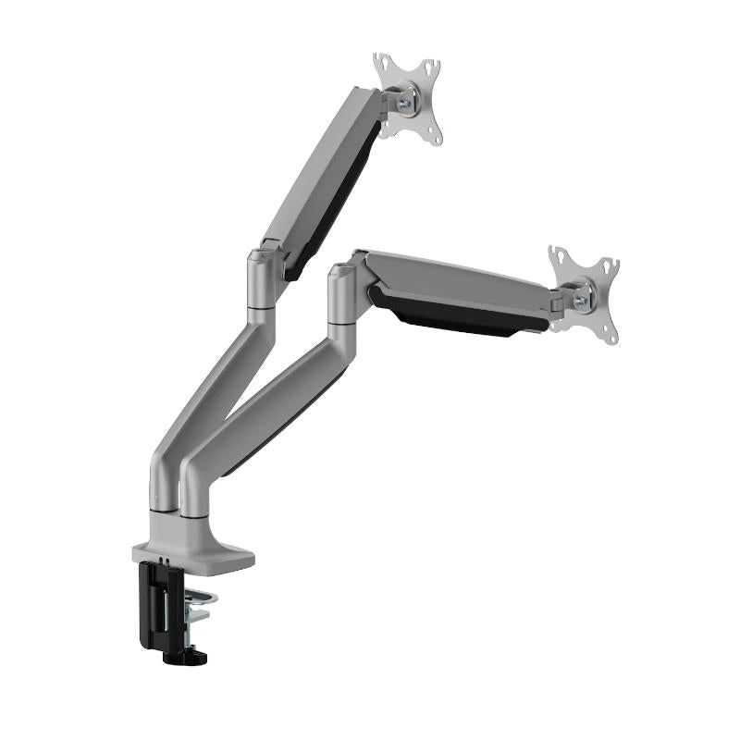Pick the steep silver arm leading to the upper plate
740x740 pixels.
(x=319, y=166)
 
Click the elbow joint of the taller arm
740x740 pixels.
(x=262, y=277)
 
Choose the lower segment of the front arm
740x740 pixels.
(x=268, y=416)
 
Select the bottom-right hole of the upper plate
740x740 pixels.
(x=433, y=137)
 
